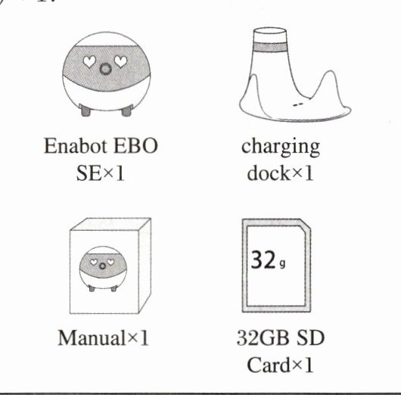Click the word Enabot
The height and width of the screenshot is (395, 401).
(x=76, y=146)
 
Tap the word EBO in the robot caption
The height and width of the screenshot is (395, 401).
(x=135, y=146)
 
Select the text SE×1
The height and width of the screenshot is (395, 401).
(x=101, y=173)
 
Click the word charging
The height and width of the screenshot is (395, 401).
(x=281, y=147)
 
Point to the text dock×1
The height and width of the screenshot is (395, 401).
(x=280, y=173)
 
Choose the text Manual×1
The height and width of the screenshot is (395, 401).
(x=104, y=338)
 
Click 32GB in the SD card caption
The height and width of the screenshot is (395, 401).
(x=263, y=337)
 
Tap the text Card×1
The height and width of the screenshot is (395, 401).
(x=280, y=365)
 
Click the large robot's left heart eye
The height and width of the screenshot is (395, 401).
(x=89, y=61)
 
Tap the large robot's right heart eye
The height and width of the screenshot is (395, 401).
(x=121, y=61)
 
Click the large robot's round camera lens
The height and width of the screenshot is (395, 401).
(x=105, y=69)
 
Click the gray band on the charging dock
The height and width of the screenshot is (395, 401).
(x=270, y=48)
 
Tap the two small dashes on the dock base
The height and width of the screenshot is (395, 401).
(x=297, y=104)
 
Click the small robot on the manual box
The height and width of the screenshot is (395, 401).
(x=103, y=269)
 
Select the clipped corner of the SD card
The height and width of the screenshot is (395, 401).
(x=306, y=224)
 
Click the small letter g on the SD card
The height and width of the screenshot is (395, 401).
(x=282, y=264)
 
